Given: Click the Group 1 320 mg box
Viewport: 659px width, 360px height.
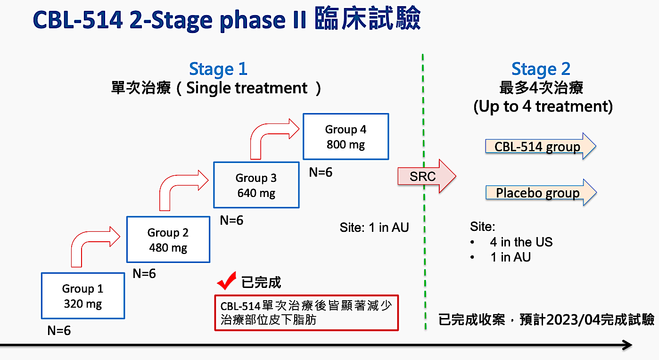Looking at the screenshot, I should [x=83, y=296].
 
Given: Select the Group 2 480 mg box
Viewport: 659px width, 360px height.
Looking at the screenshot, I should [x=168, y=239].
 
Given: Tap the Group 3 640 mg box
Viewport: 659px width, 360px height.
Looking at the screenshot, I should [x=256, y=185].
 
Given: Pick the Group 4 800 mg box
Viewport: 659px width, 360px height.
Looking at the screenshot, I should [x=346, y=137].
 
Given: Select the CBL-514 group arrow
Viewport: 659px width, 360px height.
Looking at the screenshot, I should [x=540, y=147].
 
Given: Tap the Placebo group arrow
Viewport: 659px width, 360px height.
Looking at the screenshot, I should [x=540, y=193].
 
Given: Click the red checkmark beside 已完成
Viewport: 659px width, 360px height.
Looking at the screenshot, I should [x=227, y=281].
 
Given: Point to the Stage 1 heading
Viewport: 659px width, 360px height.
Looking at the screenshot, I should [x=218, y=69].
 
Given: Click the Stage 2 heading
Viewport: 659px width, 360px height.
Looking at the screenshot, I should [x=541, y=69].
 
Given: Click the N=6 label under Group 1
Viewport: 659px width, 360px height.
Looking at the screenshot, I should [x=59, y=330].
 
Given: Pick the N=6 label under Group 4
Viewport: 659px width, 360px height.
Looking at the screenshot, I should [x=321, y=172].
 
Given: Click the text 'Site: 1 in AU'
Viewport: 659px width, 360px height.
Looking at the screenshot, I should [x=374, y=228].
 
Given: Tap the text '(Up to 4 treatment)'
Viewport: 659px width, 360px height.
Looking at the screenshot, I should [x=543, y=106].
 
